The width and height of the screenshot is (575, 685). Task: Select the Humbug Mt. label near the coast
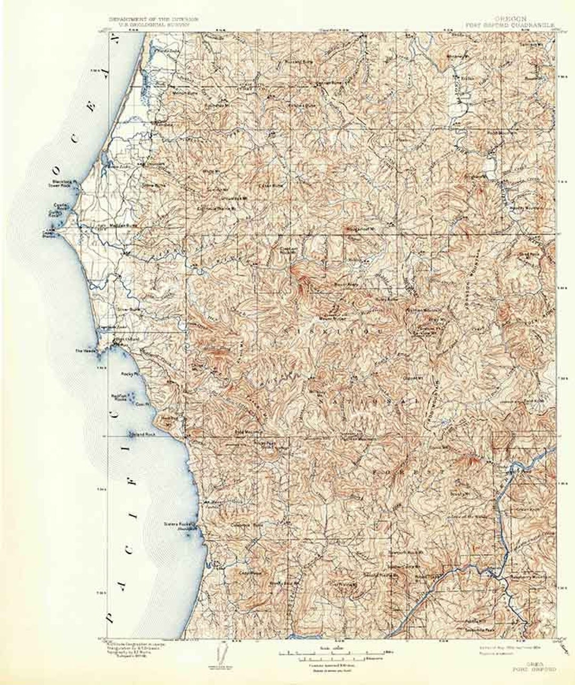click(170, 419)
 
